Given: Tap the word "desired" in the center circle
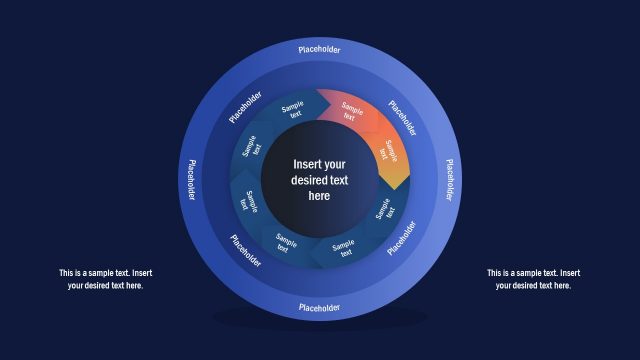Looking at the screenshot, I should [x=305, y=180].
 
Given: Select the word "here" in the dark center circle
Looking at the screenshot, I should [x=319, y=196].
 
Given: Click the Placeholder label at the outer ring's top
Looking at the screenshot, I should [x=320, y=48].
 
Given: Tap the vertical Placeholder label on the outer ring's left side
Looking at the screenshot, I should [x=190, y=179].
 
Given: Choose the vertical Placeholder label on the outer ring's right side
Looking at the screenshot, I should [x=450, y=179].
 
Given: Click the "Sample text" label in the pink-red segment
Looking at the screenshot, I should [x=350, y=110].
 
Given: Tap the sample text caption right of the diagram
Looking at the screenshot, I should [x=533, y=279].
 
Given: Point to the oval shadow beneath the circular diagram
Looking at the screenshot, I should [x=320, y=318].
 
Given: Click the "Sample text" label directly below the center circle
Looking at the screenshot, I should [x=343, y=246].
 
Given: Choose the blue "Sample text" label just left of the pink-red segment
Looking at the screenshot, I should [x=293, y=110].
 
